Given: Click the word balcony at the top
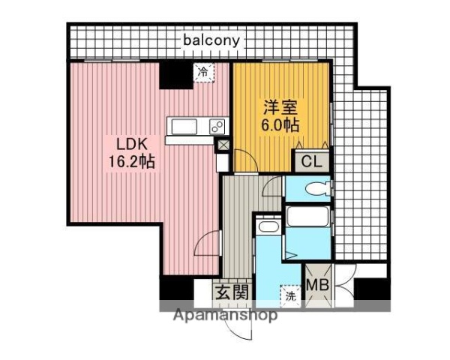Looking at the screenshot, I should coord(211,40).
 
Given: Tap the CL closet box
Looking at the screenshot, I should coord(310,160).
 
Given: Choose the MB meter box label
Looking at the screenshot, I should coord(316,286).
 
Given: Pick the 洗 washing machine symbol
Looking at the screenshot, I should coord(289,296).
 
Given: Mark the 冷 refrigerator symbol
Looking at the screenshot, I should coord(203,73).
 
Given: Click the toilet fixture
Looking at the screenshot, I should coord(314,189).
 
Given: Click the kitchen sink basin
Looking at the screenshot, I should coord(183,126).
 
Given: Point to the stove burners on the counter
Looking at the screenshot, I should coord(216,126).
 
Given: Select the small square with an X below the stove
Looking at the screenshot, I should coord(223,145).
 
